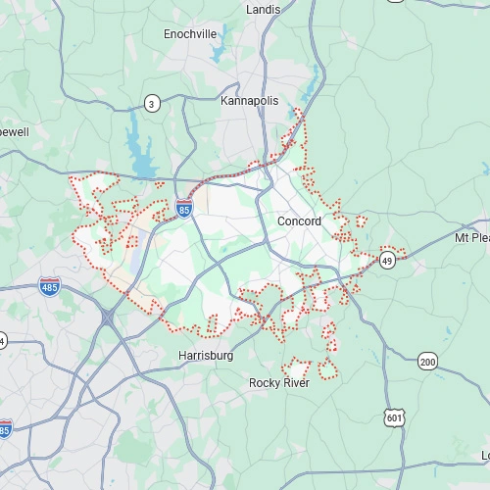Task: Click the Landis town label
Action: [x=264, y=9]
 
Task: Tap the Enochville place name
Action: [x=190, y=33]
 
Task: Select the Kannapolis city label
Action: [x=250, y=101]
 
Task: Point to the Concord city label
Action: [x=299, y=221]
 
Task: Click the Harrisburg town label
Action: [x=206, y=355]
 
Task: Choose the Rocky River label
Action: [x=279, y=382]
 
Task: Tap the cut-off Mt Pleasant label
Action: [x=471, y=238]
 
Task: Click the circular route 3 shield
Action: [x=152, y=103]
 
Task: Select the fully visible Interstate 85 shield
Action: [x=184, y=208]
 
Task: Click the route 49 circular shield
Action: [x=388, y=260]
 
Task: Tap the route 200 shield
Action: [x=427, y=361]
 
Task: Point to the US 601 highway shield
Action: [x=394, y=417]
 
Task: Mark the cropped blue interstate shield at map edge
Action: [x=4, y=429]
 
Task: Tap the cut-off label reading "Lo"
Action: [x=484, y=456]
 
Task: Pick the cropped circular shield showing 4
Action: [x=2, y=340]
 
